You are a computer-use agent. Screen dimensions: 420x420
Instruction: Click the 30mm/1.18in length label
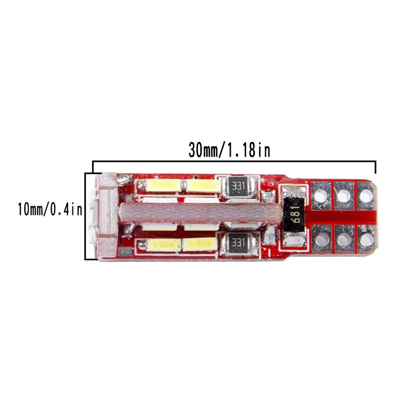point(229,150)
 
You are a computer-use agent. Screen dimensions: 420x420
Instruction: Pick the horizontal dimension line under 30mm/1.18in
point(234,161)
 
